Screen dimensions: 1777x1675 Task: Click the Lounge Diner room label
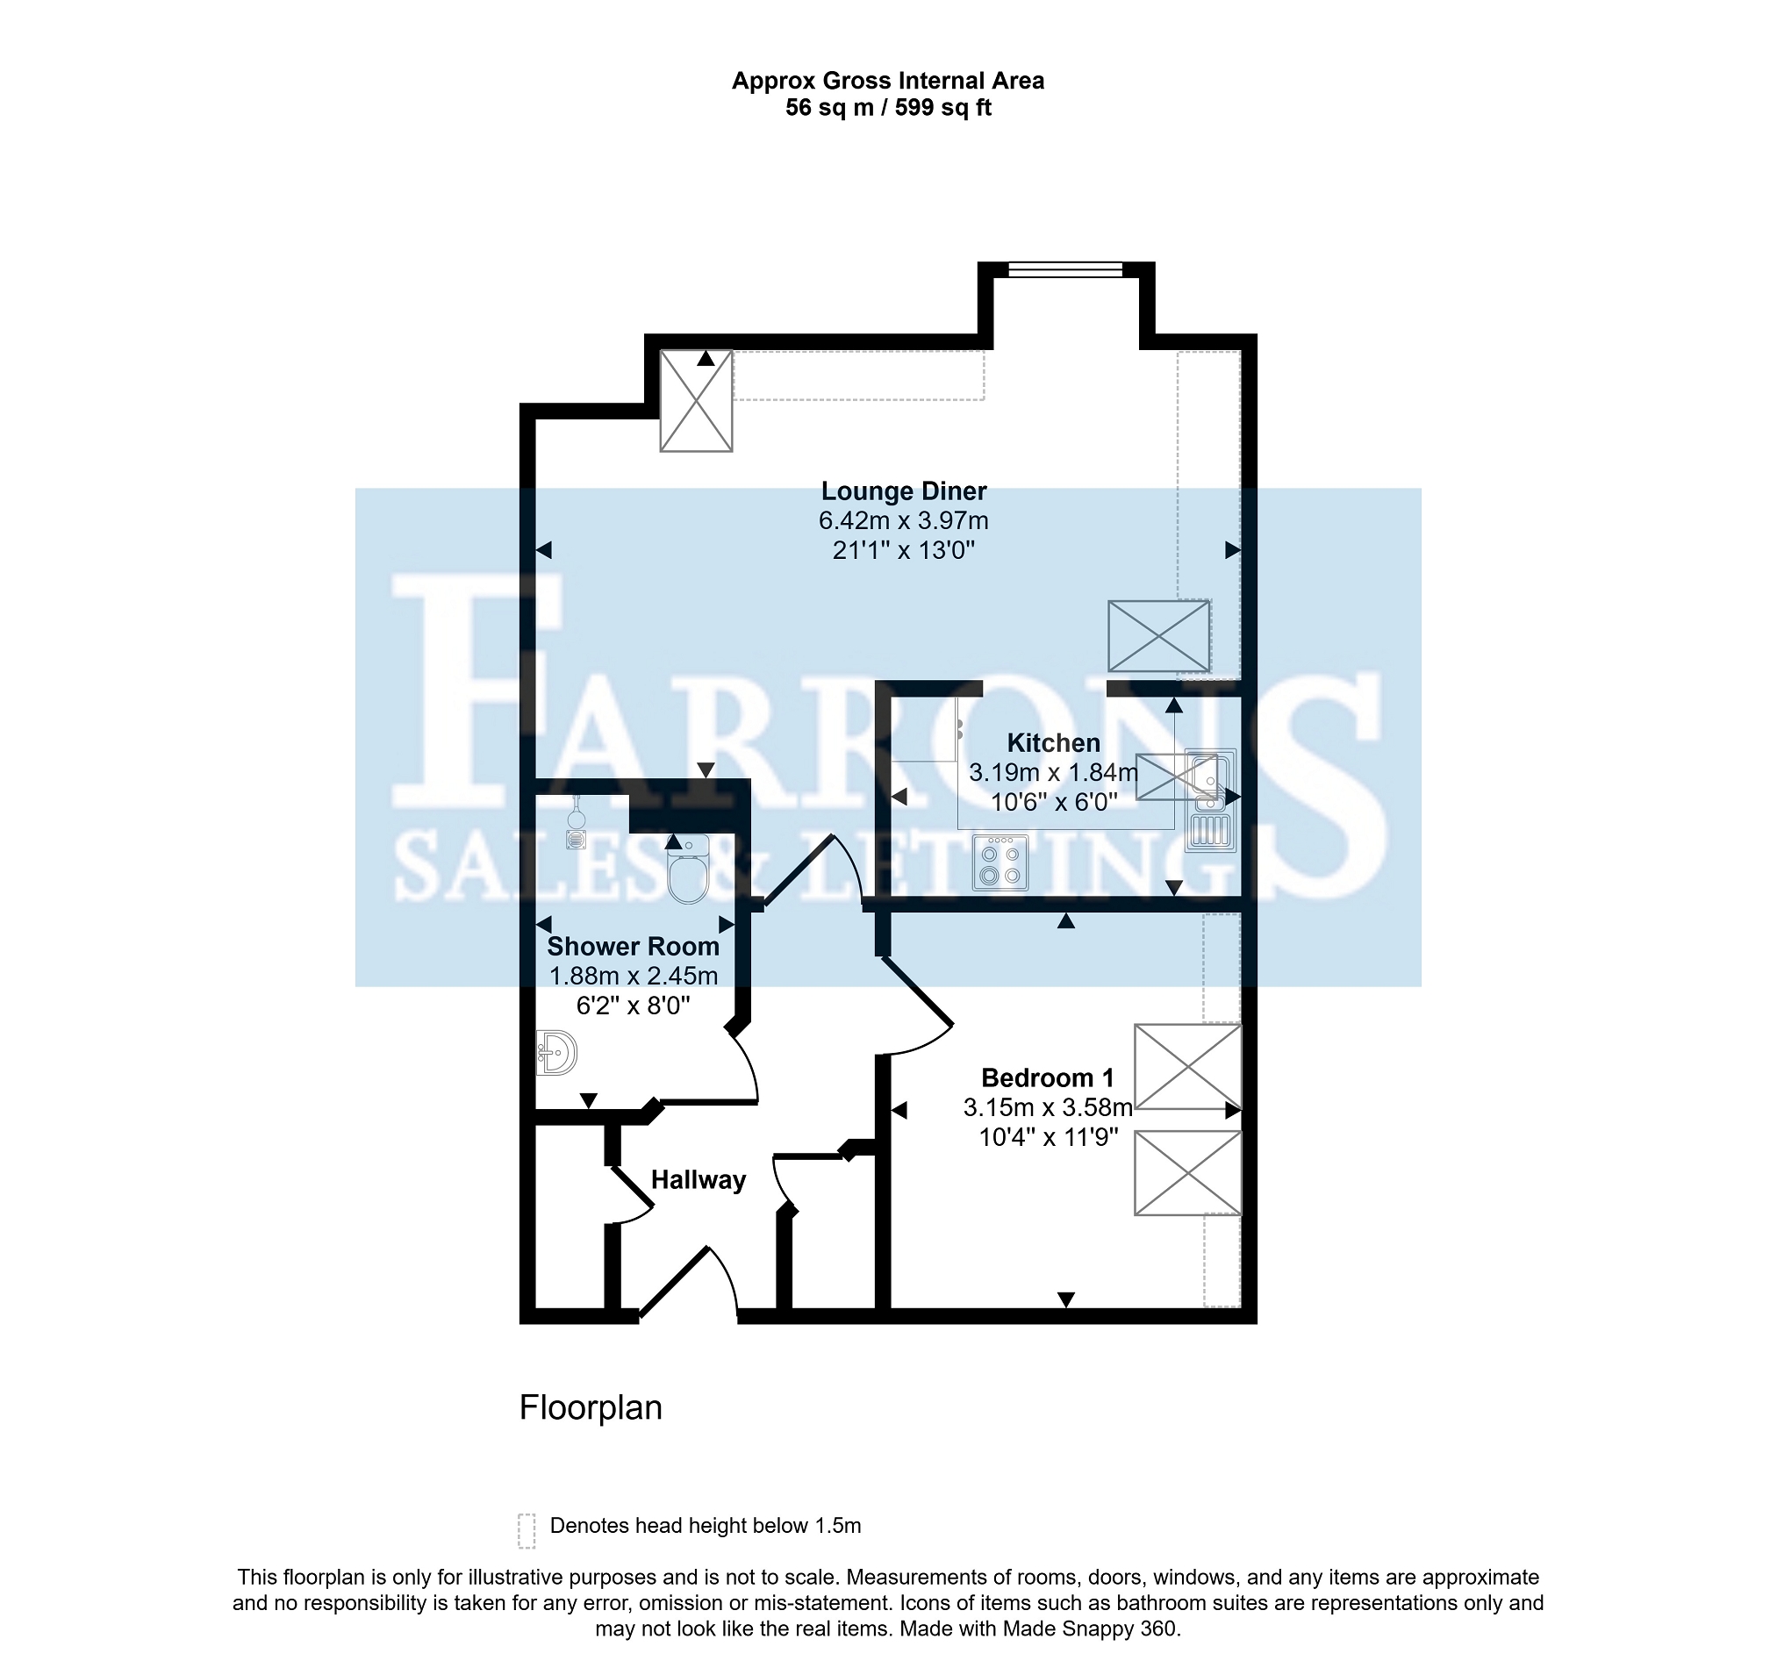(x=904, y=491)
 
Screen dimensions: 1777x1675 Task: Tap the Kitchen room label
(x=1053, y=743)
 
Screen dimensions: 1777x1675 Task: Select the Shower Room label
(x=633, y=947)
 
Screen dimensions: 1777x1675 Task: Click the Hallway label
(x=699, y=1181)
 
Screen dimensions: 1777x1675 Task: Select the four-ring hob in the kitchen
(x=1000, y=863)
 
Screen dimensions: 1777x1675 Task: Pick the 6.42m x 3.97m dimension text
(x=904, y=521)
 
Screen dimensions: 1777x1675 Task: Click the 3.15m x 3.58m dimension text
(x=1048, y=1108)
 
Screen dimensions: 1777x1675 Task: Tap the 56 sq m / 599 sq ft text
(x=888, y=108)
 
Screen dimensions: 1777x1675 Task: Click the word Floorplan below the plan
(x=591, y=1407)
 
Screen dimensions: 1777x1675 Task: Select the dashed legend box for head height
(x=527, y=1530)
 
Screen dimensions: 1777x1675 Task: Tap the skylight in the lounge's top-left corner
(x=696, y=401)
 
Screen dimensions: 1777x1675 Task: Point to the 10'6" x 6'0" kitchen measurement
(x=1054, y=803)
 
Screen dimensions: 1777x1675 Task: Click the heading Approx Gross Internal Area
(x=888, y=82)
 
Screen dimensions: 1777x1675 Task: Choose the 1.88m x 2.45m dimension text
(x=633, y=977)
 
